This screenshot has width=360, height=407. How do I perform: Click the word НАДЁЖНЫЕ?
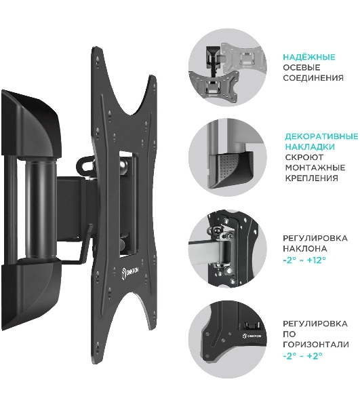(309, 57)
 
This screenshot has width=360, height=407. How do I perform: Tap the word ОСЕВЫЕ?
(302, 67)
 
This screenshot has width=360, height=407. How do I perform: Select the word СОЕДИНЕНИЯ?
(313, 78)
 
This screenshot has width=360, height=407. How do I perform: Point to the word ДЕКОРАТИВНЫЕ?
(321, 136)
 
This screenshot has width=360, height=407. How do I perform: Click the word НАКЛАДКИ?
(310, 147)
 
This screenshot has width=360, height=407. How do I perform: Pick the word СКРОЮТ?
(304, 157)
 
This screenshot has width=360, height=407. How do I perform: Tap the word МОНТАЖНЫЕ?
(315, 168)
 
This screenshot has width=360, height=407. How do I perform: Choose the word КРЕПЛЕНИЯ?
(311, 178)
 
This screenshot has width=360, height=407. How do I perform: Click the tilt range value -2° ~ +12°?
(304, 260)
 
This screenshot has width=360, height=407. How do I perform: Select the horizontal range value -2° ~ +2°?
(302, 355)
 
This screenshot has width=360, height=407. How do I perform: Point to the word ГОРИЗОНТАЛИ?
(316, 345)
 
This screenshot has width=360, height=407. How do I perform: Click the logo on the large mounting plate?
(129, 273)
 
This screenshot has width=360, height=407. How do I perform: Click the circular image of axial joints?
(228, 67)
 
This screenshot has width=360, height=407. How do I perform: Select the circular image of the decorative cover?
(228, 157)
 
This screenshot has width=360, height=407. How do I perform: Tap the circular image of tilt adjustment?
(228, 249)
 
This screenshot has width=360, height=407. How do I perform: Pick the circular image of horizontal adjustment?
(228, 339)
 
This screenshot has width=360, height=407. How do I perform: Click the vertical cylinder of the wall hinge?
(41, 210)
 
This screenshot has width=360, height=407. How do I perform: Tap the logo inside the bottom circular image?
(252, 336)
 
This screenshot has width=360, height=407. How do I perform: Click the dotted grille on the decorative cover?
(228, 165)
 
